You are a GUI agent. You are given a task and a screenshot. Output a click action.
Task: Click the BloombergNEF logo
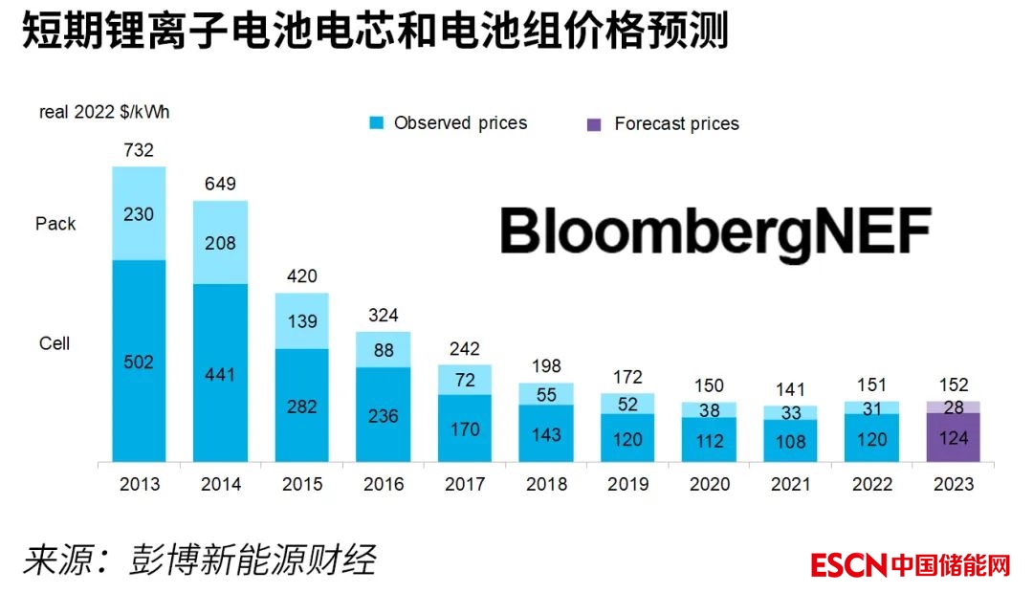coord(715,232)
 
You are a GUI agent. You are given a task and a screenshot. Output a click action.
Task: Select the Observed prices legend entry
coord(450,123)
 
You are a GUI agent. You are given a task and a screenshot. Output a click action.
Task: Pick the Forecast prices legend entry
coord(665,124)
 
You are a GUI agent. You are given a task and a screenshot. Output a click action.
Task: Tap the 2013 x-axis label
coord(140,485)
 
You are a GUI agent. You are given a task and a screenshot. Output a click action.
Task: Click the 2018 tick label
coord(546,485)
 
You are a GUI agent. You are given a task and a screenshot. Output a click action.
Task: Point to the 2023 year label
coord(953,485)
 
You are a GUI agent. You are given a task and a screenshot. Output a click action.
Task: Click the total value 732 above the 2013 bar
coord(139,150)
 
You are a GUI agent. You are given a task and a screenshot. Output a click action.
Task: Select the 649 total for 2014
coord(220,184)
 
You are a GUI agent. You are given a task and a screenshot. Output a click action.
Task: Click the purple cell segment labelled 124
coord(953,439)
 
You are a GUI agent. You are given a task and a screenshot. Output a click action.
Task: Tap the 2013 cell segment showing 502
coord(139,362)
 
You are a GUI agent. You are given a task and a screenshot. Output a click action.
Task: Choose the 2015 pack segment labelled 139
coord(302,321)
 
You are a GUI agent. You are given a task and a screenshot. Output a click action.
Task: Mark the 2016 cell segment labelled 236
coord(384,416)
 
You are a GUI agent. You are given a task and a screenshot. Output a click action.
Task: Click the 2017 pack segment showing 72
coord(465,380)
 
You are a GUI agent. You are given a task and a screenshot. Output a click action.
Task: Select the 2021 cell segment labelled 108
coord(790,443)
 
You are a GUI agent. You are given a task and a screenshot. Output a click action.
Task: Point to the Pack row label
coord(55,224)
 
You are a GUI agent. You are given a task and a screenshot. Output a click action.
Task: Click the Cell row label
coord(55,343)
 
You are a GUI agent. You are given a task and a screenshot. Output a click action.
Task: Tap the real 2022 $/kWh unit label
coord(104,113)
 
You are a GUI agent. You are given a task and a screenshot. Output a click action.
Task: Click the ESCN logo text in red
coord(848,565)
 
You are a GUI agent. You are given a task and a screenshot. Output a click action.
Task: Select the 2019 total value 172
coord(627,377)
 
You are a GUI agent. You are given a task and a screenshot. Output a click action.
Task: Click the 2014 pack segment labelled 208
coord(220,243)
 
